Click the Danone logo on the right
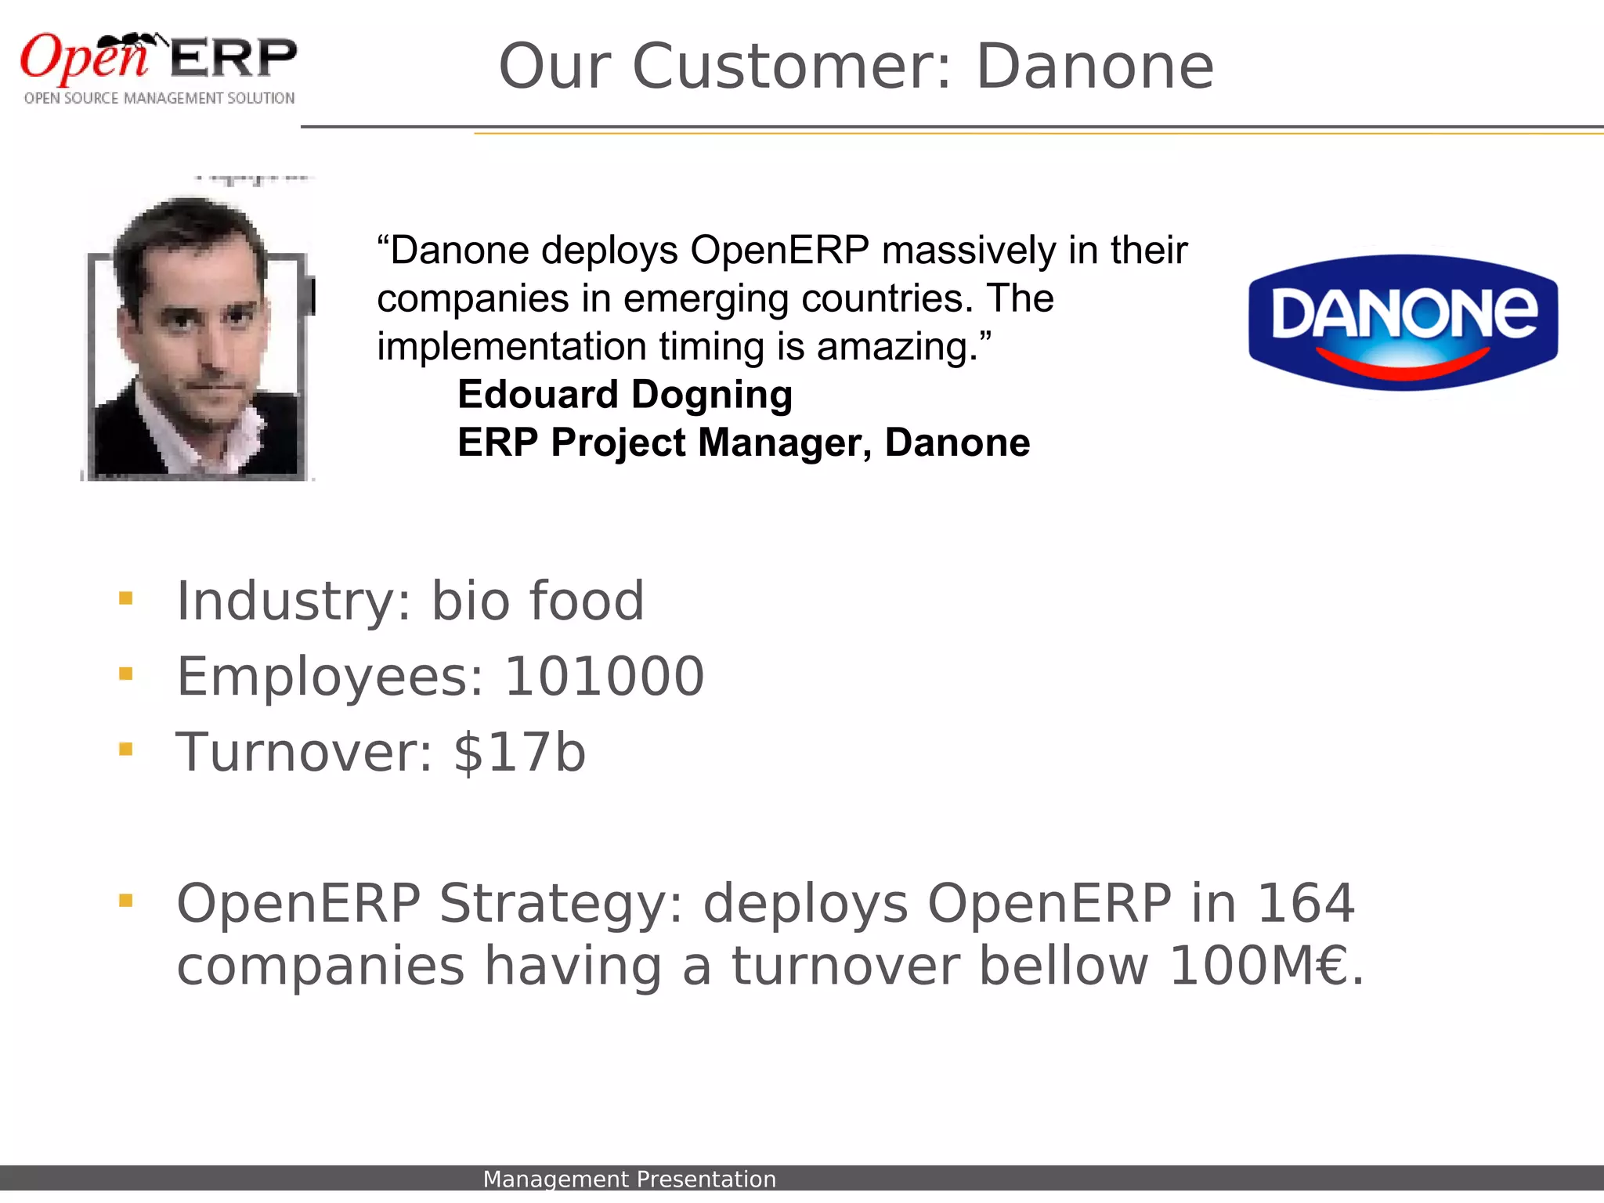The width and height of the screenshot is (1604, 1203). pyautogui.click(x=1403, y=321)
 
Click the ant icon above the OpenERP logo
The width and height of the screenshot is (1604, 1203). pyautogui.click(x=133, y=43)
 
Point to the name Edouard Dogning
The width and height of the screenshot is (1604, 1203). pyautogui.click(x=624, y=394)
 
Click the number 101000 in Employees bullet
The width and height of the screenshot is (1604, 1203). pyautogui.click(x=604, y=677)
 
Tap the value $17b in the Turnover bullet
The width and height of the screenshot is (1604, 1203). pyautogui.click(x=519, y=752)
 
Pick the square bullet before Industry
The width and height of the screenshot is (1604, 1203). pyautogui.click(x=125, y=599)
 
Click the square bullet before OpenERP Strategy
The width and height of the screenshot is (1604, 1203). pyautogui.click(x=125, y=901)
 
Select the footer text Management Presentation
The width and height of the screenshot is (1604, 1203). pyautogui.click(x=629, y=1179)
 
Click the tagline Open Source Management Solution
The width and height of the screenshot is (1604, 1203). pyautogui.click(x=159, y=98)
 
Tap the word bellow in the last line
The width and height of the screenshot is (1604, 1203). pyautogui.click(x=1064, y=966)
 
